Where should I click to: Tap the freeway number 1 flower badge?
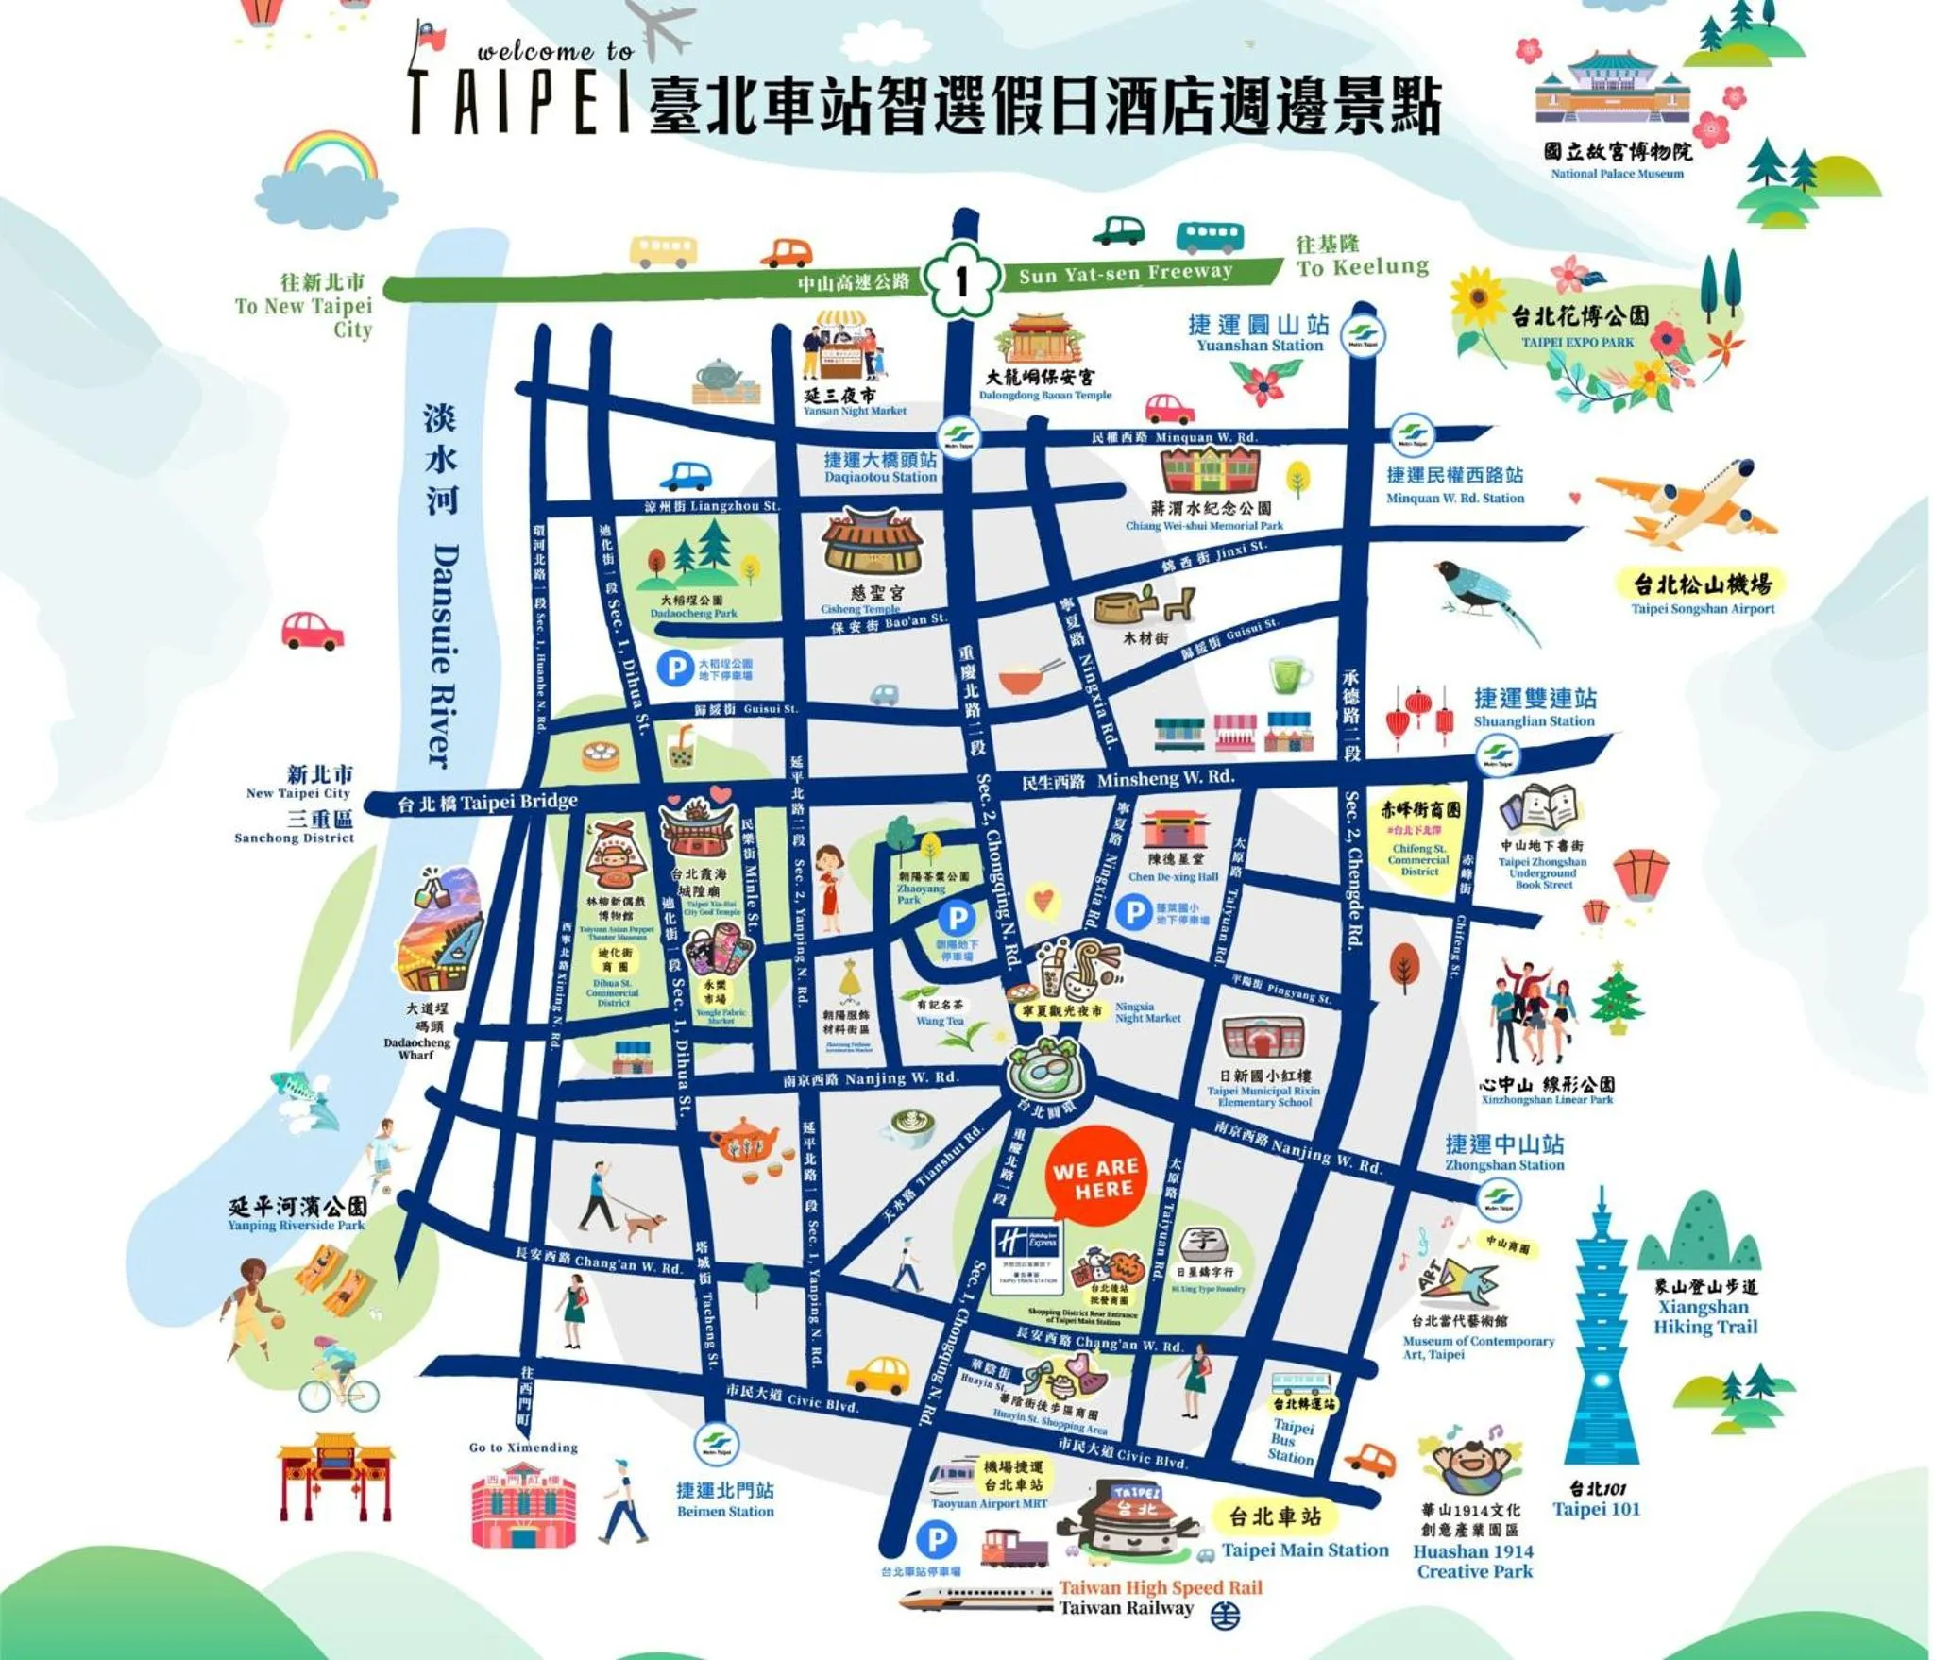(961, 279)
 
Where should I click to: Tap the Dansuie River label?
(444, 652)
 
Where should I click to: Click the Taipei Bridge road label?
(487, 803)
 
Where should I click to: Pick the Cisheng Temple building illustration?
(871, 543)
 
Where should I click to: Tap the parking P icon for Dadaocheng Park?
(675, 669)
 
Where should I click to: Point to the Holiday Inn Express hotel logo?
(1028, 1251)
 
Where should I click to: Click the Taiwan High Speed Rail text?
(1160, 1587)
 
